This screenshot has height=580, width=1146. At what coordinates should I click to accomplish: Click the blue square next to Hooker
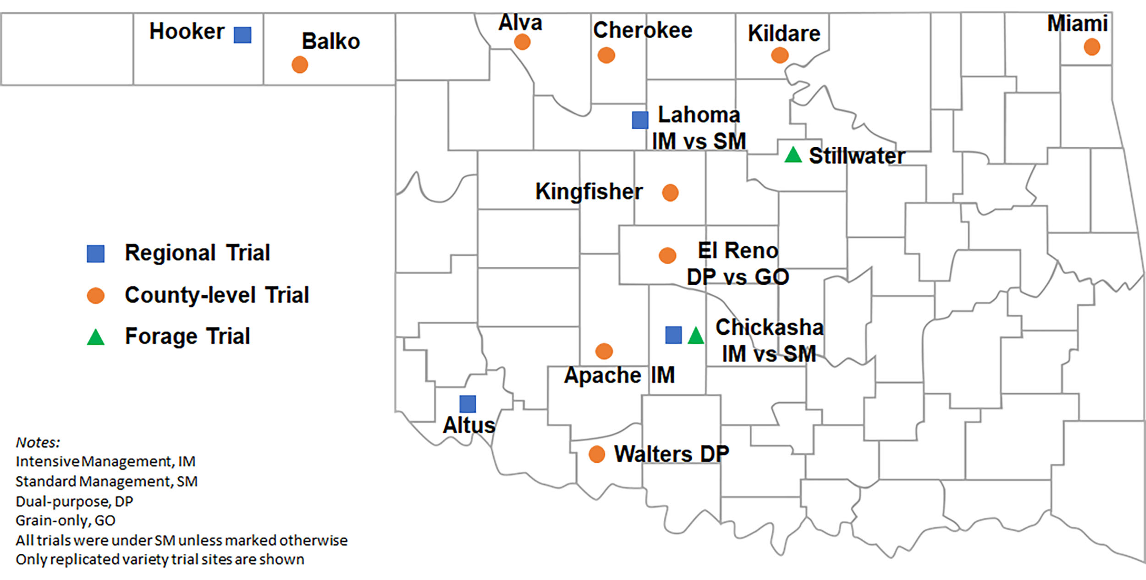(242, 35)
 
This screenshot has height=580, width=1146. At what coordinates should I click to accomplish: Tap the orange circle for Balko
(300, 65)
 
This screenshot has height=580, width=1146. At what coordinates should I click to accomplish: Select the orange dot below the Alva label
(522, 42)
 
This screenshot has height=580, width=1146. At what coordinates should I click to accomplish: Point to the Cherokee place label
(643, 30)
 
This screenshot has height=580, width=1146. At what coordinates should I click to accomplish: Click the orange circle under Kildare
(780, 55)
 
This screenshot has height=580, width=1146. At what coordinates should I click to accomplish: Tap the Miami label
(1077, 23)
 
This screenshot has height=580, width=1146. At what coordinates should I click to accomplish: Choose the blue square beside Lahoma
(640, 120)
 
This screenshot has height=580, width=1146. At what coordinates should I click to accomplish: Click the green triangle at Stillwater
(793, 155)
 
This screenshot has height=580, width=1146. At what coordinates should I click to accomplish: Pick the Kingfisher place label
(589, 191)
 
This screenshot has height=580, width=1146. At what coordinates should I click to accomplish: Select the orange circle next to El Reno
(667, 255)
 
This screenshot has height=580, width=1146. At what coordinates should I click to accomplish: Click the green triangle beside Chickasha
(696, 336)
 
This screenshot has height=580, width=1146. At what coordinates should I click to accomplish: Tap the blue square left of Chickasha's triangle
(673, 335)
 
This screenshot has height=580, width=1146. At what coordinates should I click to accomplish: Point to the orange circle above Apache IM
(604, 351)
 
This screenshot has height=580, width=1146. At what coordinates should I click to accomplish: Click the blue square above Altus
(468, 404)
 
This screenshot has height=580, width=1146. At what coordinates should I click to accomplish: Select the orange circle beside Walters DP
(596, 454)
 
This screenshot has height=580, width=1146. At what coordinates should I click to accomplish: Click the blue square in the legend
(95, 254)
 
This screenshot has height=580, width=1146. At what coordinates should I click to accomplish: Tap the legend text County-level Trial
(217, 295)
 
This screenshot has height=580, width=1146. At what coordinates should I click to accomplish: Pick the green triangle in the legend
(95, 337)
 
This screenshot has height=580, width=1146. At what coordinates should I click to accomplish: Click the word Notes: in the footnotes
(38, 442)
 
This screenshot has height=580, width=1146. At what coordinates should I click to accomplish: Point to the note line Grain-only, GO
(65, 520)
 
